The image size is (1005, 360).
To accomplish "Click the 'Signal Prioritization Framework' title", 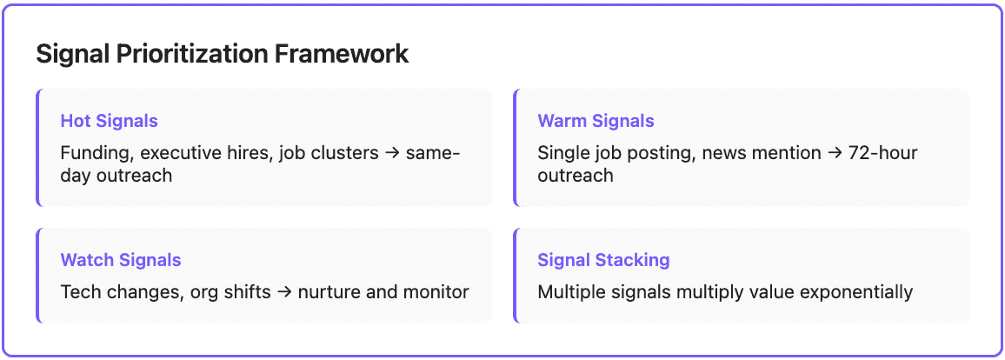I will point(222,54).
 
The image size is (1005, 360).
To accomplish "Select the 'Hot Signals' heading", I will point(109,121).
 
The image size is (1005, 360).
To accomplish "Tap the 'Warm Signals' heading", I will point(596,121).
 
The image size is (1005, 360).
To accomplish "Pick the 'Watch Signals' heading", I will point(121,260).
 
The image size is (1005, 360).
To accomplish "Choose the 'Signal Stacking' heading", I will point(603,260).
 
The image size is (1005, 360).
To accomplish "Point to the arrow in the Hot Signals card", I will point(392,154).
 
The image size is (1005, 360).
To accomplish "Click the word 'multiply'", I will point(709,292).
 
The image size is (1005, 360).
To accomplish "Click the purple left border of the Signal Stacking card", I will point(516,276).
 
